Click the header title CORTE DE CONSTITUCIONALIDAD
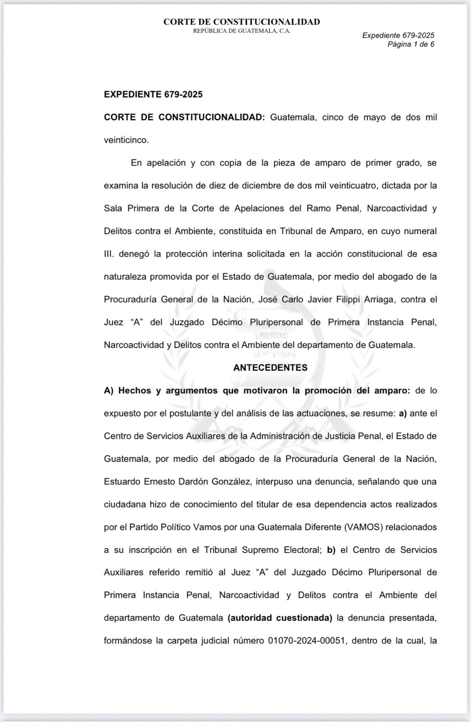241,22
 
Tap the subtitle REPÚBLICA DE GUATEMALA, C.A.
241,31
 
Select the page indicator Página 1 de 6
411,44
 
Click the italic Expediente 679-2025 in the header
398,35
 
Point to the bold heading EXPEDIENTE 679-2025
153,94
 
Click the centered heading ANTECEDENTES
270,367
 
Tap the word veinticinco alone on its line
126,140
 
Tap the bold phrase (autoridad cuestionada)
280,618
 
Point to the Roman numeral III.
110,254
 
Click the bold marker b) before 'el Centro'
331,550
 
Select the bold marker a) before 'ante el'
403,413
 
